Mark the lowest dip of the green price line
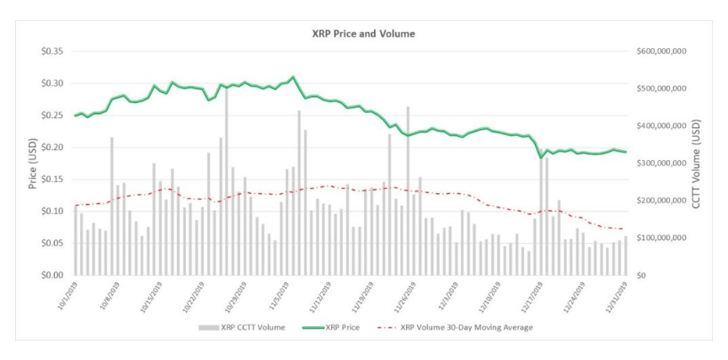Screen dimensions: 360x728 (x=542, y=157)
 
